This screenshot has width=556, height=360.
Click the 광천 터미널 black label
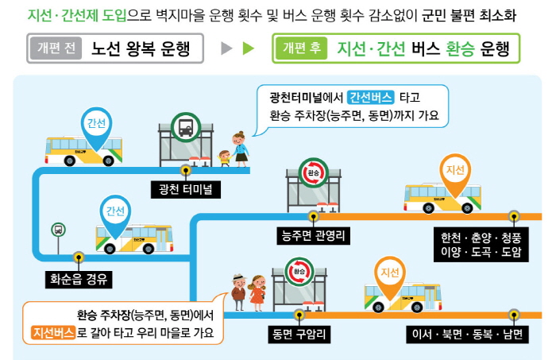tap(185, 189)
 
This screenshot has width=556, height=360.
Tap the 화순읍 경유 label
tap(79, 280)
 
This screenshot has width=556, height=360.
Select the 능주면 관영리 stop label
tap(313, 236)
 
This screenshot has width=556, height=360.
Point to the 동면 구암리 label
tap(299, 335)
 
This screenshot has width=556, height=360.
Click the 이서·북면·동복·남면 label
tap(467, 335)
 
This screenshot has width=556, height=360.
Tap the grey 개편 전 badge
tap(56, 48)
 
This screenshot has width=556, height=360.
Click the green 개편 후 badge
tap(301, 48)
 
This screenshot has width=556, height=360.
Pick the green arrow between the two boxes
tap(248, 48)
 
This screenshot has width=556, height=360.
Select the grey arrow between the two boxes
tap(226, 48)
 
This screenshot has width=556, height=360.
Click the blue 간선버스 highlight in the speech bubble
tap(371, 98)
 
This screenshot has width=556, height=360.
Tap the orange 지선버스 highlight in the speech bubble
tap(53, 333)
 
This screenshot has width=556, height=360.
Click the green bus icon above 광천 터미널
tap(186, 127)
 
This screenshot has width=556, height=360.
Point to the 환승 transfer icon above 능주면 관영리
tap(313, 172)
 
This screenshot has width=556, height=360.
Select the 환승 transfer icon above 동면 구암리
tap(299, 272)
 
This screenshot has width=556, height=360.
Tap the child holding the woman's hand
tap(225, 158)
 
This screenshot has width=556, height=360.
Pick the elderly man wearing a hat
tap(239, 292)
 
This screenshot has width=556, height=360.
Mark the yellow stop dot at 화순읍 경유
tap(79, 257)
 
